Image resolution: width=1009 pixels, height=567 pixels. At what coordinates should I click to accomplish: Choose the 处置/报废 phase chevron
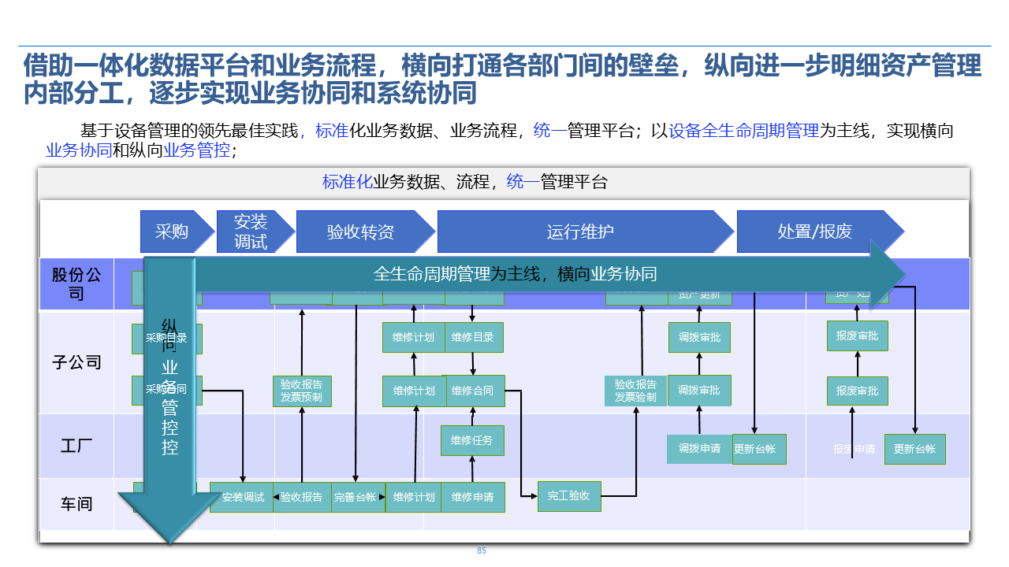pos(817,232)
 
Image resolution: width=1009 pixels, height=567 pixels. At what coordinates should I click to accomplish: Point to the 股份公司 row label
pos(76,284)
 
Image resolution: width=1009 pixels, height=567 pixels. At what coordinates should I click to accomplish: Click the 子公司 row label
pos(76,362)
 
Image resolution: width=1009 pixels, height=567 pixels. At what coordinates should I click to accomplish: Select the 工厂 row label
pos(76,446)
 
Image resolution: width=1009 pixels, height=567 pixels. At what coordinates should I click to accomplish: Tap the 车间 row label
pos(76,503)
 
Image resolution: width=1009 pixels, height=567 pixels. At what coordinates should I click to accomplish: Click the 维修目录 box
pos(473,337)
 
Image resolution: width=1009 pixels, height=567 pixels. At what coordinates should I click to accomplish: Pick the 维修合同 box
pos(473,391)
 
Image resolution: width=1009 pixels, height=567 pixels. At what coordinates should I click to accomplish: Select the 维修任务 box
pos(472,440)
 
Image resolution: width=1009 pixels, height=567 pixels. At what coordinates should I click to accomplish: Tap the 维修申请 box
pos(473,497)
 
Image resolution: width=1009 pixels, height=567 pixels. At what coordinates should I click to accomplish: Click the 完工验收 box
pos(569,496)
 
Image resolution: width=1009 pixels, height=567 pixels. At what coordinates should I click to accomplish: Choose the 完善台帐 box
pos(356,497)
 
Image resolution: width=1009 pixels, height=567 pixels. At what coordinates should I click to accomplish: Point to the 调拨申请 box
pos(699,449)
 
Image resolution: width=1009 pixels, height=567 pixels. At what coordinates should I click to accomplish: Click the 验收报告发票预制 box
pos(302,391)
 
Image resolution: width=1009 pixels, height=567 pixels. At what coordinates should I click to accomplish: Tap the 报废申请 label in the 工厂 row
pos(854,449)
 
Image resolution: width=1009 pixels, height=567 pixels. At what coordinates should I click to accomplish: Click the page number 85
pos(482,551)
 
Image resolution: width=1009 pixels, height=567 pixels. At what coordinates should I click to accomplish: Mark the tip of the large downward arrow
pos(169,543)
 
